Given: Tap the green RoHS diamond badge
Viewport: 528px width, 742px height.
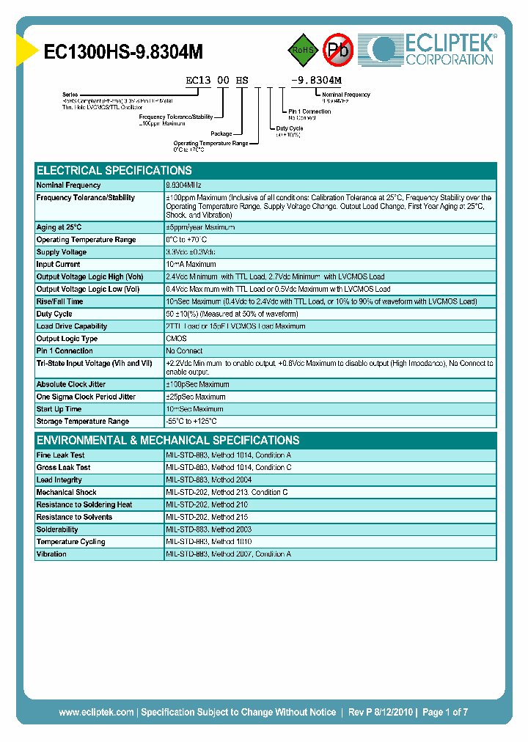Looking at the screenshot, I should pyautogui.click(x=301, y=50).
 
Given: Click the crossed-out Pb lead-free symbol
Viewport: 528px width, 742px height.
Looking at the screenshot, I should pyautogui.click(x=339, y=50).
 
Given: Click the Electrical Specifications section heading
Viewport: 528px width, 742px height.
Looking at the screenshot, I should pyautogui.click(x=114, y=170).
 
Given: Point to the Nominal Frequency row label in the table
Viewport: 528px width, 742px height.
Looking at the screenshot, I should pyautogui.click(x=69, y=185).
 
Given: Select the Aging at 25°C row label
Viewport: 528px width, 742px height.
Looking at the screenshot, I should pyautogui.click(x=59, y=227).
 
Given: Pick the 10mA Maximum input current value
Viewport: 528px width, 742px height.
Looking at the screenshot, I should pyautogui.click(x=191, y=265).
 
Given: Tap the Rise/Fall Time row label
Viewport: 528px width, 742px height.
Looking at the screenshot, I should pyautogui.click(x=60, y=301).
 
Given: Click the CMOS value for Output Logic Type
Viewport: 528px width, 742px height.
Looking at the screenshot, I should pyautogui.click(x=176, y=339).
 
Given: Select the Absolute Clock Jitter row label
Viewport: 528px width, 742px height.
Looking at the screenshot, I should pyautogui.click(x=72, y=384).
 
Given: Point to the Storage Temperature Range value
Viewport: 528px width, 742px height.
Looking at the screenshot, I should pyautogui.click(x=191, y=422).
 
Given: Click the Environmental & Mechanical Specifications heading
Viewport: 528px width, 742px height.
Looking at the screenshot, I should pyautogui.click(x=168, y=441).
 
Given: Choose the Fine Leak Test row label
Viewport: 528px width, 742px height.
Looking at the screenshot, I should pyautogui.click(x=61, y=455).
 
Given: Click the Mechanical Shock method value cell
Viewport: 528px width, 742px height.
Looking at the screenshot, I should pyautogui.click(x=227, y=493).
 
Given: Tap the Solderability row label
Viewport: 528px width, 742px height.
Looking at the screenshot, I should pyautogui.click(x=57, y=529).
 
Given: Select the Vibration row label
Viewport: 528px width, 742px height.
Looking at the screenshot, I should pyautogui.click(x=51, y=554).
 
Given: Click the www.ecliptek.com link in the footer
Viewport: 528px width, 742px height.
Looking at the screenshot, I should pyautogui.click(x=96, y=712).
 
